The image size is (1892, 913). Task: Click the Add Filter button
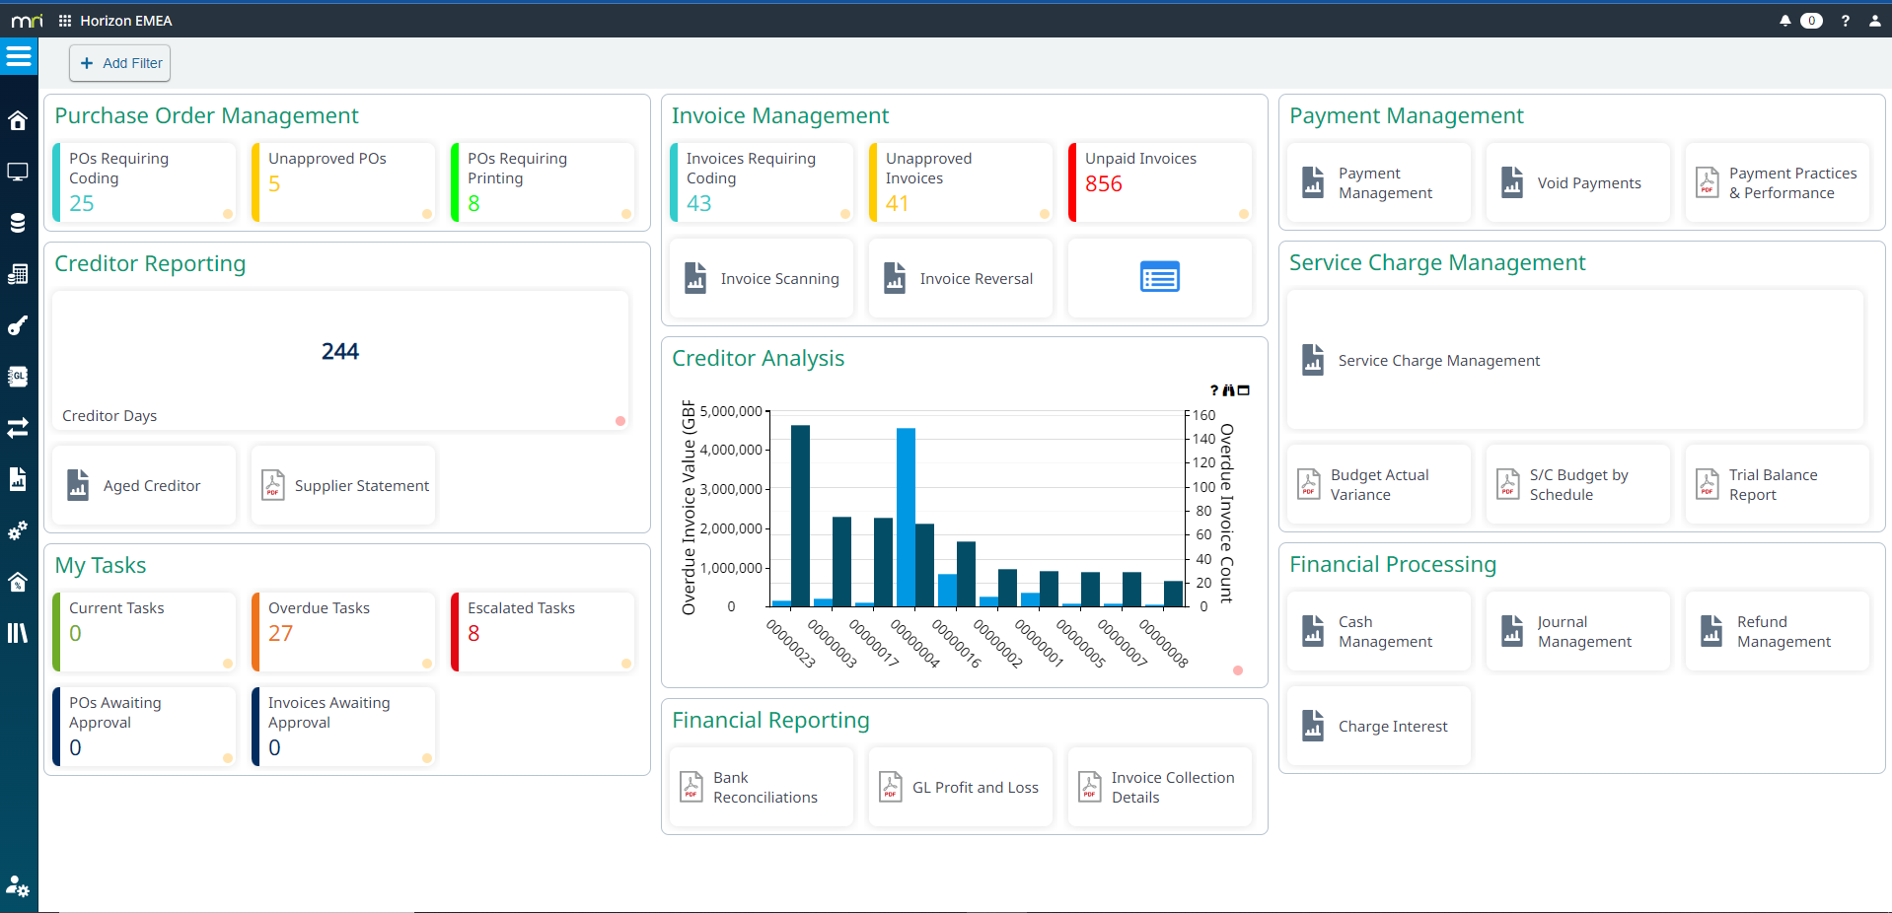pyautogui.click(x=120, y=63)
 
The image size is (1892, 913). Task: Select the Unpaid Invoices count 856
pyautogui.click(x=1104, y=184)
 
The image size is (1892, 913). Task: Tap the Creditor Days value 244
pyautogui.click(x=340, y=352)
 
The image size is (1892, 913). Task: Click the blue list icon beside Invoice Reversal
pyautogui.click(x=1160, y=278)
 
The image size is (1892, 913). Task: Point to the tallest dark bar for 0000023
pyautogui.click(x=800, y=513)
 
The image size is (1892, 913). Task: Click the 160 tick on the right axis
pyautogui.click(x=1203, y=415)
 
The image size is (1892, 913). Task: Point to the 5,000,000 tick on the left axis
pyautogui.click(x=731, y=411)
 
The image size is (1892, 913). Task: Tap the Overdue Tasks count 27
pyautogui.click(x=280, y=634)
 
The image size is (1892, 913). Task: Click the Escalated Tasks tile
pyautogui.click(x=543, y=631)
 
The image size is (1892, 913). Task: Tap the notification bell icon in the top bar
pyautogui.click(x=1784, y=21)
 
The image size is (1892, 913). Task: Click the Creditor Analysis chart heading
pyautogui.click(x=758, y=359)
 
